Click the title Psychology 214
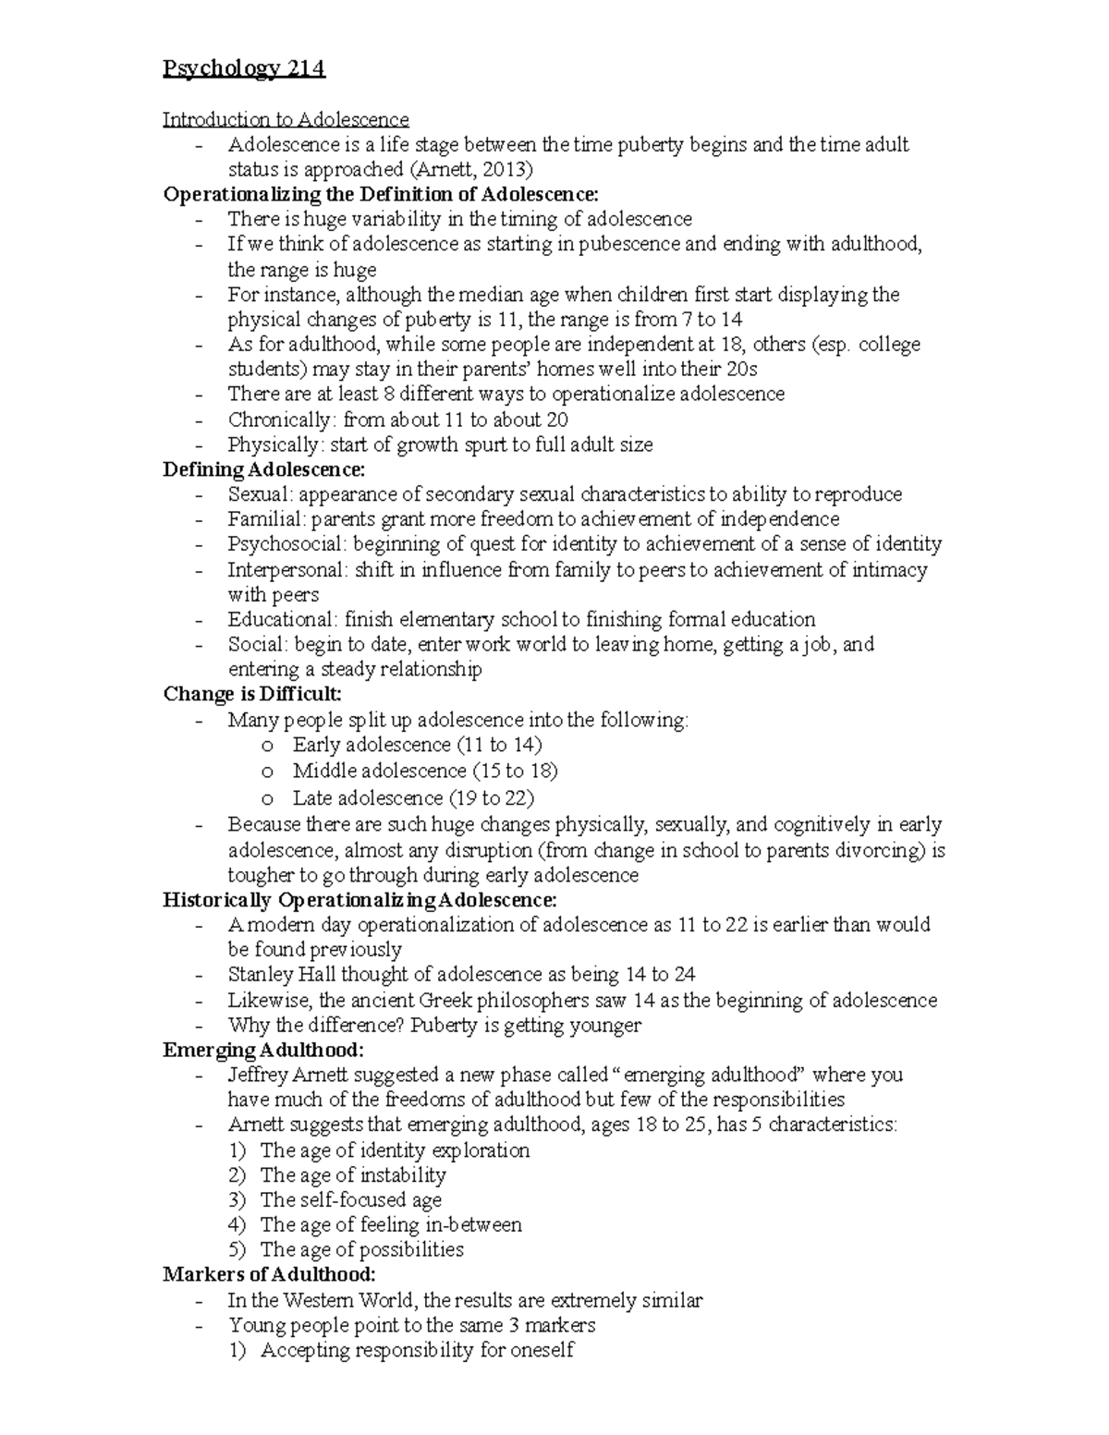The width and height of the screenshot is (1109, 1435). (x=244, y=69)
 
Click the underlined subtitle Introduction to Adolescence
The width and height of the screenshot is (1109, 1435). (x=286, y=119)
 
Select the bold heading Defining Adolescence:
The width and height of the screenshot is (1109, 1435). (x=263, y=469)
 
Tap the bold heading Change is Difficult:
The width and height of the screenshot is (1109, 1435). (x=252, y=694)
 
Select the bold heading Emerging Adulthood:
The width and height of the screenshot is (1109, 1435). (x=263, y=1050)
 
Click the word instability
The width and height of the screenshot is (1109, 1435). (x=403, y=1175)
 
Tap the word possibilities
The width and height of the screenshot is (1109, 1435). (x=411, y=1250)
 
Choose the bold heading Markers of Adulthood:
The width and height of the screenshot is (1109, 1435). (x=269, y=1275)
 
